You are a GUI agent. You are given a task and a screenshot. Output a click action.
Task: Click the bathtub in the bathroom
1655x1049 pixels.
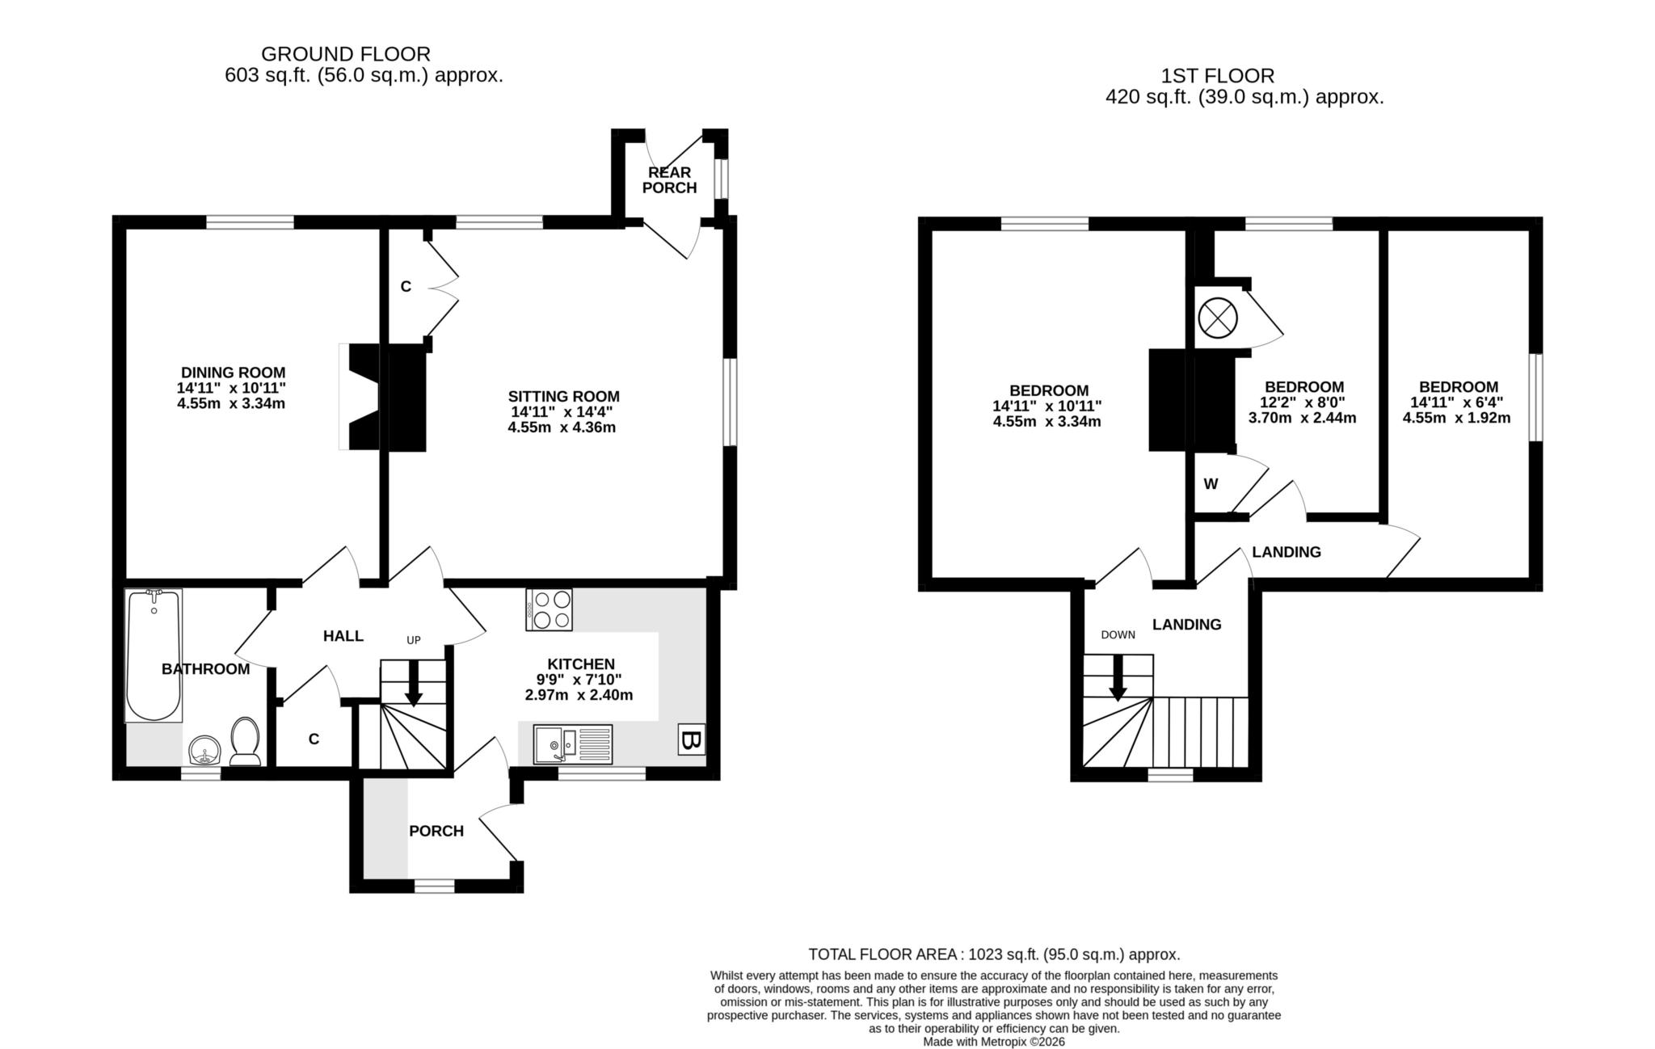(154, 655)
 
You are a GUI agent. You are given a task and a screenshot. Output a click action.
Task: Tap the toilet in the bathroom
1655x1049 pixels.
(245, 741)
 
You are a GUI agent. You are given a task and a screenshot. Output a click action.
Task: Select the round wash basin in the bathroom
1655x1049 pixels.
(205, 750)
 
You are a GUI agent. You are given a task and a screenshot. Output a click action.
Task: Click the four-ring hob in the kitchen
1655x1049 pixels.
(549, 609)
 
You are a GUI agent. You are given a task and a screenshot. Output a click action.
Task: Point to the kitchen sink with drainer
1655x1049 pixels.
(573, 744)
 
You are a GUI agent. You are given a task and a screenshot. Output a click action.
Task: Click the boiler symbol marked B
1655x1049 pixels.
(690, 740)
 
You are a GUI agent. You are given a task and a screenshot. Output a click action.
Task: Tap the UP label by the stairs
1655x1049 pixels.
(413, 640)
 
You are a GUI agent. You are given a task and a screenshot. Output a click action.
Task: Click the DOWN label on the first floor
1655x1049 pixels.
(1118, 634)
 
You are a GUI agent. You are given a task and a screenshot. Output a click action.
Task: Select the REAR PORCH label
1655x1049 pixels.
(669, 180)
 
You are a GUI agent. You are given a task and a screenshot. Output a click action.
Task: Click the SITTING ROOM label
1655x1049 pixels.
(563, 396)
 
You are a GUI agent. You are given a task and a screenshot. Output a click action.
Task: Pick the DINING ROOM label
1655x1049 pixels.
(233, 373)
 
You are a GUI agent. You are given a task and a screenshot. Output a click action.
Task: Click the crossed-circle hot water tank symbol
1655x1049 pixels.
(1217, 318)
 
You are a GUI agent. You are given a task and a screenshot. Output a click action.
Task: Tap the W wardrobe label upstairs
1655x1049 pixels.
(1210, 484)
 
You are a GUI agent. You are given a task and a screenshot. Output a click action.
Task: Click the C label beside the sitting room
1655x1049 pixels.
(406, 286)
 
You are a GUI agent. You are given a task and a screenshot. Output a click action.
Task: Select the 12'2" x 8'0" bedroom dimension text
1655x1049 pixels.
(1303, 402)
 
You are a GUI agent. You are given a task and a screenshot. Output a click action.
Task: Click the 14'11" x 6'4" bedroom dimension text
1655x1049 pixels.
(1456, 402)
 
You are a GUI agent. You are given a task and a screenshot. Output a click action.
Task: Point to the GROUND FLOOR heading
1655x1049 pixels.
(345, 54)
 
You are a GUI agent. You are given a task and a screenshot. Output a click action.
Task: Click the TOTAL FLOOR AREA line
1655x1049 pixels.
(994, 954)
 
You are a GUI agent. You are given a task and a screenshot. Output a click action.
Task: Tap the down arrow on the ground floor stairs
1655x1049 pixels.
(413, 684)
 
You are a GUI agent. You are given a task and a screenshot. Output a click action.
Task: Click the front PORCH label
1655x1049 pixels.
(436, 831)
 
